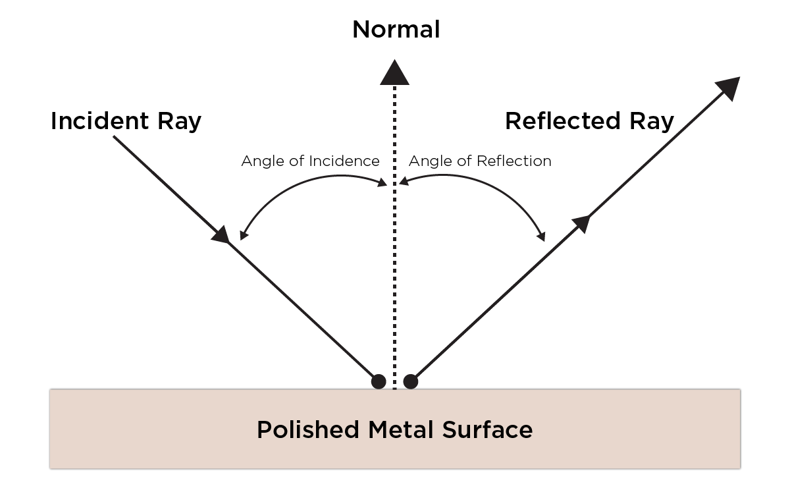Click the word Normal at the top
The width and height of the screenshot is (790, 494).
396,30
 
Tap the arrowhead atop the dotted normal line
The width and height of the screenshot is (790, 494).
394,72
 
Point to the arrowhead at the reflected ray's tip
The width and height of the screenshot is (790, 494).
728,88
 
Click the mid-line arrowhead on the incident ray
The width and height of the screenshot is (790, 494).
221,234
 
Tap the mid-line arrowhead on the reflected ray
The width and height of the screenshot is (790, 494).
580,223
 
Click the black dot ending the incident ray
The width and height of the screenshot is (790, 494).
378,381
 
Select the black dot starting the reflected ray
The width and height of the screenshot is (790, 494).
411,381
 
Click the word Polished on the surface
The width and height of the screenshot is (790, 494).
308,430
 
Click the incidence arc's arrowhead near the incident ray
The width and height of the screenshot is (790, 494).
242,235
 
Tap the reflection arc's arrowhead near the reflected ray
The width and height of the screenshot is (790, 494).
542,236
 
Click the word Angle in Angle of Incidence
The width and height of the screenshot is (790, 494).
259,161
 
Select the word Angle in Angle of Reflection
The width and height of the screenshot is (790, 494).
427,161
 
